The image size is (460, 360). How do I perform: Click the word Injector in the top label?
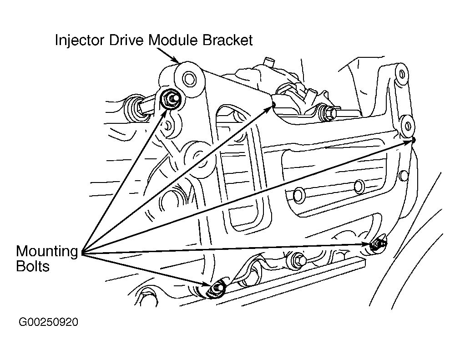tap(80, 40)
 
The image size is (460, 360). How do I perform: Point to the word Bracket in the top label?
tap(227, 40)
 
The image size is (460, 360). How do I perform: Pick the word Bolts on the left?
tap(33, 266)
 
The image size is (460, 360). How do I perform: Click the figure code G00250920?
tap(48, 322)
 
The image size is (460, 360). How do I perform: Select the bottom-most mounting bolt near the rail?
tap(217, 289)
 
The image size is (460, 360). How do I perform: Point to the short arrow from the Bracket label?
tap(167, 55)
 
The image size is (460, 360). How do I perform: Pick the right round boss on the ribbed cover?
tap(359, 186)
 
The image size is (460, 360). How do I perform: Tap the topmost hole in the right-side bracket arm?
tap(402, 74)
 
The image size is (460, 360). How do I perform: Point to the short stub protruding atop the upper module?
tap(268, 62)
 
